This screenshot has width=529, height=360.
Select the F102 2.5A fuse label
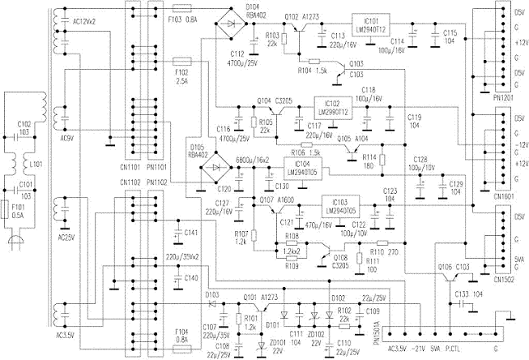click(182, 76)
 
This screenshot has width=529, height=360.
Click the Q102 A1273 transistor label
click(299, 15)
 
